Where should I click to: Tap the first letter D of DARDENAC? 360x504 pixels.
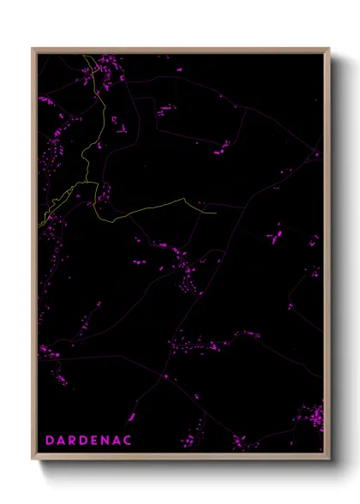(x=50, y=440)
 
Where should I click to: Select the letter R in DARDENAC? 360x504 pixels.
(x=72, y=440)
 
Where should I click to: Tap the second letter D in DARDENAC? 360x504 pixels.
(x=83, y=440)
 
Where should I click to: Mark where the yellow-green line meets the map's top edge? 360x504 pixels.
(x=83, y=55)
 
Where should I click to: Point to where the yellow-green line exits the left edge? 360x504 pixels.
(x=39, y=225)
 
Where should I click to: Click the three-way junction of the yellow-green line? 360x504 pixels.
(x=95, y=183)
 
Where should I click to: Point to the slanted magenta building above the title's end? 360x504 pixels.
(x=133, y=417)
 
